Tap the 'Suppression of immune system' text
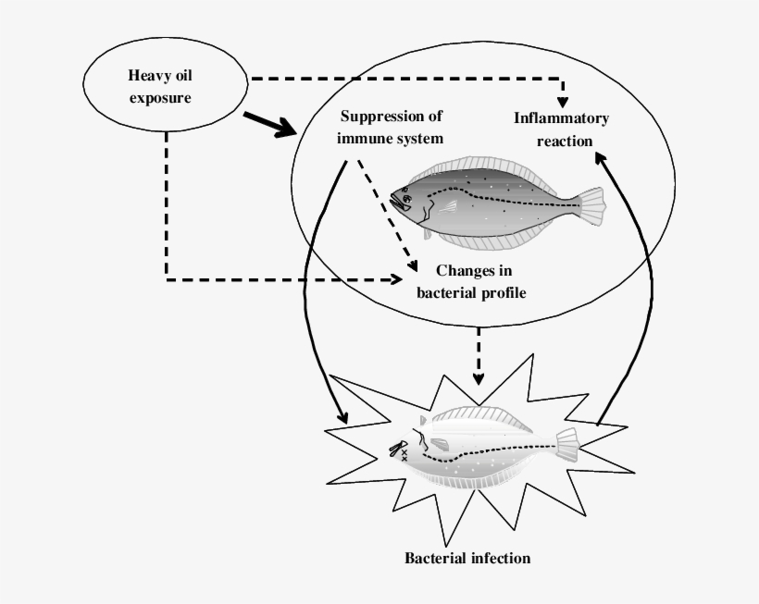point(391,127)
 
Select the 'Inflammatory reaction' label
point(561,129)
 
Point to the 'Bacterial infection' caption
point(467,558)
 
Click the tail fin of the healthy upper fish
point(591,205)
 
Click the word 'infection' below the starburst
point(499,558)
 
